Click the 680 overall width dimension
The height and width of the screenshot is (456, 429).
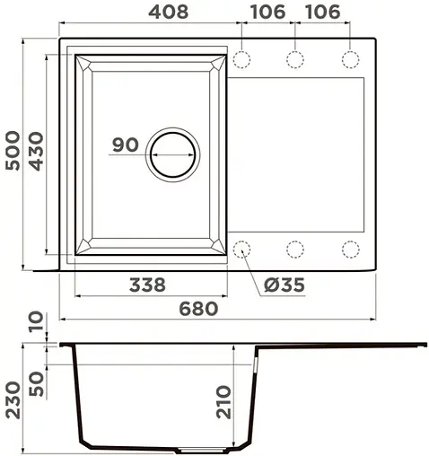(197, 308)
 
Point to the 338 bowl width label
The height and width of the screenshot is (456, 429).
(146, 285)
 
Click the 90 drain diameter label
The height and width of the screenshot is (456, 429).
(126, 145)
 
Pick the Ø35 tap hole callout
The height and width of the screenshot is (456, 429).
(285, 285)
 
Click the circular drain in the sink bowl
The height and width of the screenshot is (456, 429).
(172, 153)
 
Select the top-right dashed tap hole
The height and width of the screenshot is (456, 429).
(349, 59)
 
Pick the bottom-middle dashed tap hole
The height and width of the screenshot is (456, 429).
(295, 249)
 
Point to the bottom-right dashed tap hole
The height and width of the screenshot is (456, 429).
(349, 249)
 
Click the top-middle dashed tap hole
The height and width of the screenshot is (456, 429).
(295, 59)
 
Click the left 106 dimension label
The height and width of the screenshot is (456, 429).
(263, 13)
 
